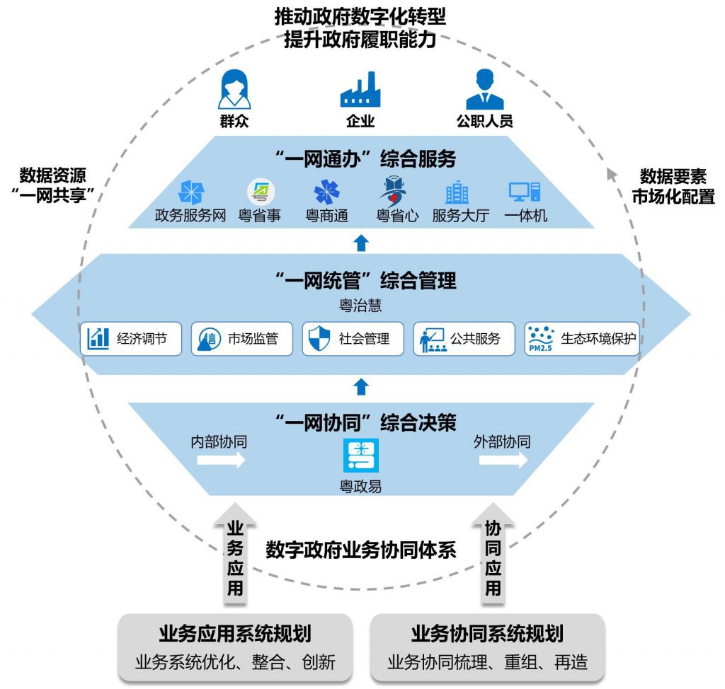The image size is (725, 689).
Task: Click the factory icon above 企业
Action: [360, 89]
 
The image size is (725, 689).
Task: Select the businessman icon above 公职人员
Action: [484, 88]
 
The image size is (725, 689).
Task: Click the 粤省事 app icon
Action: [260, 192]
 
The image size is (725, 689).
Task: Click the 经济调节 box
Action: [131, 339]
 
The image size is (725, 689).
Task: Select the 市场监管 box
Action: [241, 339]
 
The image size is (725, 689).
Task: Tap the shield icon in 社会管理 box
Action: [316, 339]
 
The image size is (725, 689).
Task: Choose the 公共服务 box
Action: [464, 339]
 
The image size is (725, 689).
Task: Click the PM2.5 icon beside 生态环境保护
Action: [542, 339]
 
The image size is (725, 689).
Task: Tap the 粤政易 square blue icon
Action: [361, 456]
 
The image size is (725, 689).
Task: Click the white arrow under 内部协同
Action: [221, 460]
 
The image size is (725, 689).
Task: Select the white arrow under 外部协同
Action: [503, 460]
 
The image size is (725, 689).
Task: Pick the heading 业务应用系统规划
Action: [235, 633]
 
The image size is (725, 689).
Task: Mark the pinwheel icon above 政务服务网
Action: [190, 192]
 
